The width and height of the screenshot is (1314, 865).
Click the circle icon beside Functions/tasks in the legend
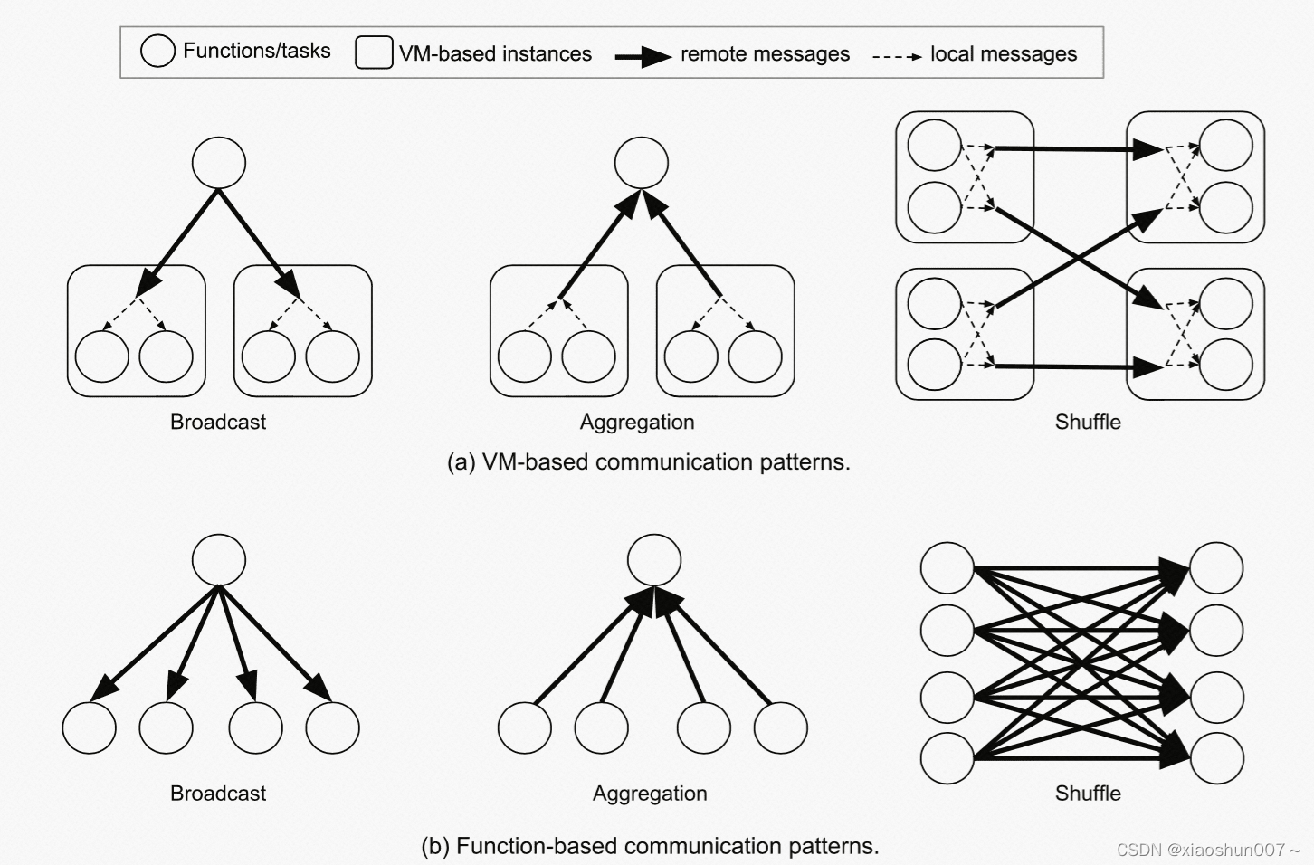click(157, 51)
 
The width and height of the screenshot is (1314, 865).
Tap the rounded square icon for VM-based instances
click(374, 52)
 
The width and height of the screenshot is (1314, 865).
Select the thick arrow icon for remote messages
click(643, 56)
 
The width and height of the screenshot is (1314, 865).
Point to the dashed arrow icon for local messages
click(896, 56)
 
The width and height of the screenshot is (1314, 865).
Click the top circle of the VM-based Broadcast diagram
click(219, 163)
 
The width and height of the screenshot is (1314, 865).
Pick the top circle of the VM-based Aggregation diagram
click(642, 163)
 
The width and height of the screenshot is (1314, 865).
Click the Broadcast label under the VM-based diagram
click(218, 422)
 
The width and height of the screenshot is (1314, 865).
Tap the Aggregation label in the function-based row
click(650, 793)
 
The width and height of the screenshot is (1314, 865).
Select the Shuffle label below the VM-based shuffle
click(1088, 422)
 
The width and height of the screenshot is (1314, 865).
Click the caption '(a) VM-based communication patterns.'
click(649, 461)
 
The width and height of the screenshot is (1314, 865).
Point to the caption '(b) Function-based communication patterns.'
click(650, 845)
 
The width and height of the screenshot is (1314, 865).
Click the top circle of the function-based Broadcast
click(219, 559)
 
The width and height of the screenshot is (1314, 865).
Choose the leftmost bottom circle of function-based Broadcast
click(90, 727)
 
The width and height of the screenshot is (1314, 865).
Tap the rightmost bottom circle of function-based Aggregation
click(780, 727)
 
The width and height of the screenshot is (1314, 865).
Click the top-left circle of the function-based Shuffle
click(947, 568)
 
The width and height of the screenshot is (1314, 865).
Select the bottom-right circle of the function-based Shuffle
click(1217, 758)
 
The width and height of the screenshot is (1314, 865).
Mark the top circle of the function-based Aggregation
click(654, 559)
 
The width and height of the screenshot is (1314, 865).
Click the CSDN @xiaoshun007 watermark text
click(1207, 850)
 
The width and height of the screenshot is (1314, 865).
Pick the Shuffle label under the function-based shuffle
click(1088, 793)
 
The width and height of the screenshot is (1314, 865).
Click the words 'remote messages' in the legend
click(765, 54)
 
